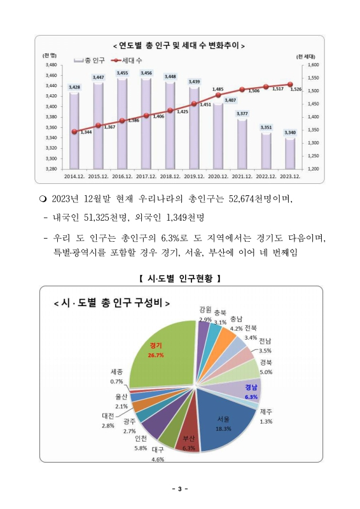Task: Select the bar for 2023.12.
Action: click(290, 153)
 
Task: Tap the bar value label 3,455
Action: click(122, 73)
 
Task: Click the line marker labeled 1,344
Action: click(74, 132)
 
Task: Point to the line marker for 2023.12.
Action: click(290, 84)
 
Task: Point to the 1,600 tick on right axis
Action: click(312, 65)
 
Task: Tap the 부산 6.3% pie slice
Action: click(189, 436)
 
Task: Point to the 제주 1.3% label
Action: click(266, 416)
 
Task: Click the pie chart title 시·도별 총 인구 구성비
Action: click(112, 303)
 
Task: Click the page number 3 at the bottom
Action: click(179, 489)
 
